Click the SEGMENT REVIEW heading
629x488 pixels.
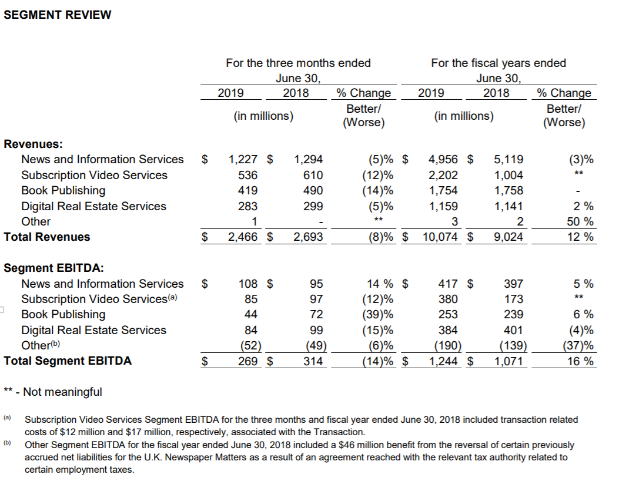tap(57, 15)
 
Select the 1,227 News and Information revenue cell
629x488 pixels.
tap(242, 159)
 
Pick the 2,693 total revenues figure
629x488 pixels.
tap(309, 237)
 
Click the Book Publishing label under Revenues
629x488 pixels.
tap(63, 190)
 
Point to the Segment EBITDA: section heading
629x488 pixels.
tap(54, 268)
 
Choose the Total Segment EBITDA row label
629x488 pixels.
tap(68, 361)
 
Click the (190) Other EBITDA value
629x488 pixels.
tap(447, 345)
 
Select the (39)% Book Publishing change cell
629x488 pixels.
tap(377, 314)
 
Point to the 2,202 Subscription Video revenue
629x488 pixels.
tap(444, 175)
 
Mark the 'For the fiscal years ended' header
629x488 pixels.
tap(498, 63)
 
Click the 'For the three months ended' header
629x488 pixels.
tap(298, 63)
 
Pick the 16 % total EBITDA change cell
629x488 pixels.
tap(580, 361)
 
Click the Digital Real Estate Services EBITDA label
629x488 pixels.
tap(93, 330)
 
